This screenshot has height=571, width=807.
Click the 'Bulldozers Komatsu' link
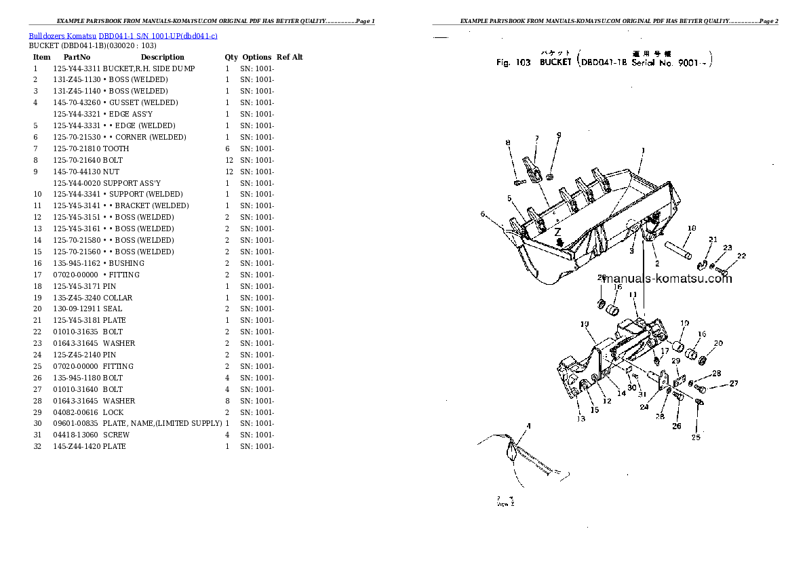coord(62,35)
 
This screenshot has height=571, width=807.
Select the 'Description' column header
coord(162,57)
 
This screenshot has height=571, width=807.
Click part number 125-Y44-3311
coord(77,68)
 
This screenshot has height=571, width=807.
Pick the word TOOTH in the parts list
coord(116,149)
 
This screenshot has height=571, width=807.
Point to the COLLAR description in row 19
coord(118,298)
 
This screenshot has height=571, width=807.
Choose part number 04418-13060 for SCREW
coord(77,435)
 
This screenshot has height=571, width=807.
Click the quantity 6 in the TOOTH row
coord(227,149)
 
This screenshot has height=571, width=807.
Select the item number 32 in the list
coord(37,446)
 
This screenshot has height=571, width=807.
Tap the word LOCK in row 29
coord(114,412)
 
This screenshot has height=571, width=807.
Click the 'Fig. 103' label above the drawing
coord(513,62)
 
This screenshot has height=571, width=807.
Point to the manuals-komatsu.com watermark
coord(667,279)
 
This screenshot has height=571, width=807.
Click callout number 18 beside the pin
coord(691,229)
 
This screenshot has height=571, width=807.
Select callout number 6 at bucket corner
coord(483,214)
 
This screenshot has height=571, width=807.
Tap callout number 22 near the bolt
coord(741,256)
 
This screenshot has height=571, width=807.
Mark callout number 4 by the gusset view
coord(529,426)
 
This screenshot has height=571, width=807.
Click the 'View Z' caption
coord(505,505)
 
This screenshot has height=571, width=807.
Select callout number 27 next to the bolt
coord(733,384)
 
